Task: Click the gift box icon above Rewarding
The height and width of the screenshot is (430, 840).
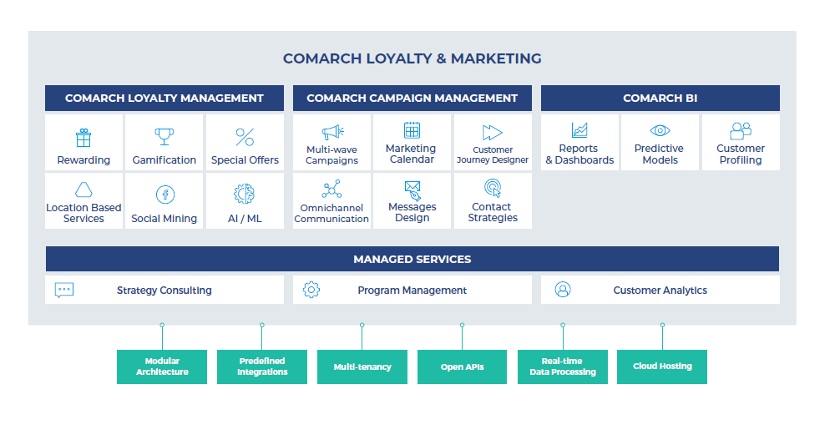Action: [x=83, y=137]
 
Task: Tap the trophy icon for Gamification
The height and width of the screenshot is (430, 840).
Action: [x=164, y=137]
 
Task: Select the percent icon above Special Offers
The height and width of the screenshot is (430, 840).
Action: [x=245, y=137]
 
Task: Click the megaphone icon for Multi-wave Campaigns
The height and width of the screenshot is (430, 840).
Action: [x=332, y=132]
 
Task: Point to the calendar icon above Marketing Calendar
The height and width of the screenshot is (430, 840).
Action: [x=412, y=130]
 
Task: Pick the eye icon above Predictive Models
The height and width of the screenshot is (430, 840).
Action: [x=660, y=130]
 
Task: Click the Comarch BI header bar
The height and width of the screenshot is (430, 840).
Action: [x=660, y=98]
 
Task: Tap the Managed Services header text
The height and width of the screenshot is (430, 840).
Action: [x=412, y=259]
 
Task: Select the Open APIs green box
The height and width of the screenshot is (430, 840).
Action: [x=462, y=367]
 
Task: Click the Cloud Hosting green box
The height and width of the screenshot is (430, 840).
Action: [x=662, y=367]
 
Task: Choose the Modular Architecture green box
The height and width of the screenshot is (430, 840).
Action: [x=162, y=367]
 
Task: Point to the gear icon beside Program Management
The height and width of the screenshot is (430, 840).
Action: [x=311, y=290]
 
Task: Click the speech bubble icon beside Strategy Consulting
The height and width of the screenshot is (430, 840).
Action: [x=64, y=290]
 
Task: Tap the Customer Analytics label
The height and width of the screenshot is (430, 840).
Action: [x=660, y=291]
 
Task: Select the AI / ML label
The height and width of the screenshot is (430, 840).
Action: [x=245, y=219]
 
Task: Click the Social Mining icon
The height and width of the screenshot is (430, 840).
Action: [x=165, y=194]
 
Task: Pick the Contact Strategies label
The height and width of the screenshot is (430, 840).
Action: [x=493, y=212]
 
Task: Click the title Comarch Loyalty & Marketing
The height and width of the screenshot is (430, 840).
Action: [x=412, y=58]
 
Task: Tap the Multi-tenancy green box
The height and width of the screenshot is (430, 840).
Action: [x=362, y=367]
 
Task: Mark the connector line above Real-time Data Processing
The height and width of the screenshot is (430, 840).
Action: [x=563, y=337]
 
